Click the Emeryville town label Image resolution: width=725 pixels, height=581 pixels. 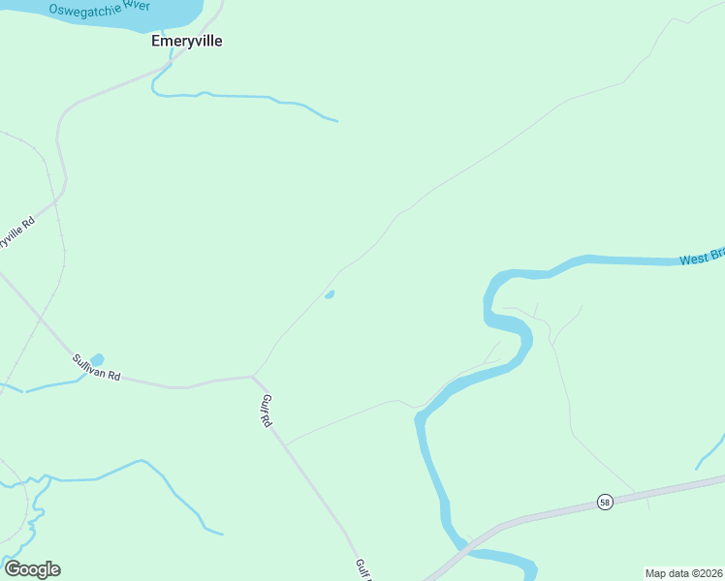[x=187, y=42]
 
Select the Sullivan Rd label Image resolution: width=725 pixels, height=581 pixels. [x=96, y=367]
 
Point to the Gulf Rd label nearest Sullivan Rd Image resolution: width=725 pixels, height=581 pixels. [x=267, y=410]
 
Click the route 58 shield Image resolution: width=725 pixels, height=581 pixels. [x=605, y=502]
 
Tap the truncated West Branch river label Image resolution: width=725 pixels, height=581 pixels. [x=702, y=259]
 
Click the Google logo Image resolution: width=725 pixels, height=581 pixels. [x=32, y=569]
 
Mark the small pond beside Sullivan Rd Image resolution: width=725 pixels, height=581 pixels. [x=97, y=359]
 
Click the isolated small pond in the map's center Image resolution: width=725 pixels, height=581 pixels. [x=331, y=294]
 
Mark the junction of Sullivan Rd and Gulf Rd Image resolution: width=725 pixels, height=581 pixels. [x=253, y=377]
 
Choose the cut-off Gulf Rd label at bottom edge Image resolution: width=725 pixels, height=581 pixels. [x=362, y=570]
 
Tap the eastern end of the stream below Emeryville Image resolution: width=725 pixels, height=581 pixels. [x=335, y=120]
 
